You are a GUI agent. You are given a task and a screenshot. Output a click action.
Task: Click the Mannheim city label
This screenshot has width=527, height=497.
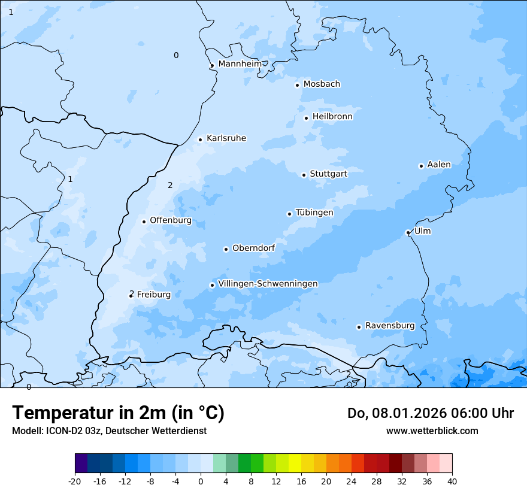pyautogui.click(x=240, y=64)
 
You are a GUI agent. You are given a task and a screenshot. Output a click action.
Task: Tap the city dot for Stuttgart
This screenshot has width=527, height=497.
pyautogui.click(x=304, y=175)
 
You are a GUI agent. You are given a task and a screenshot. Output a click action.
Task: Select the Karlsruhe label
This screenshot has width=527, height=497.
pyautogui.click(x=226, y=138)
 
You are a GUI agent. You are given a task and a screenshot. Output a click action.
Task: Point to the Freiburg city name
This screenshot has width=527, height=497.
pyautogui.click(x=153, y=295)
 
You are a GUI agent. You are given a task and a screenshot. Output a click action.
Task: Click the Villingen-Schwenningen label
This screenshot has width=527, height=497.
pyautogui.click(x=268, y=284)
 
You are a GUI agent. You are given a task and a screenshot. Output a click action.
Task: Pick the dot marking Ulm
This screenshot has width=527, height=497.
pyautogui.click(x=408, y=232)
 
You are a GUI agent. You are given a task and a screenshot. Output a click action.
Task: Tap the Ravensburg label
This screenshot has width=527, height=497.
pyautogui.click(x=389, y=326)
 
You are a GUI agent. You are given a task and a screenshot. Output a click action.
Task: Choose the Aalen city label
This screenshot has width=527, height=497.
pyautogui.click(x=438, y=165)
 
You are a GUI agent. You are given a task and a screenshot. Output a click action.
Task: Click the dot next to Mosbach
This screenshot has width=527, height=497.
pyautogui.click(x=297, y=85)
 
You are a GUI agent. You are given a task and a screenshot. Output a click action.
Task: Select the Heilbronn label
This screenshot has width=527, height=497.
pyautogui.click(x=332, y=117)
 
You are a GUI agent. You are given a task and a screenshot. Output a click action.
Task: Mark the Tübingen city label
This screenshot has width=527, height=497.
pyautogui.click(x=314, y=213)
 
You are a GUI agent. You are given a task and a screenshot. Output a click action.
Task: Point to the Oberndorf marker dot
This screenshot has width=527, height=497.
pyautogui.click(x=226, y=249)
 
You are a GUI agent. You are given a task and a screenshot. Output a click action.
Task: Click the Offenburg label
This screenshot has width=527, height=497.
pyautogui.click(x=171, y=220)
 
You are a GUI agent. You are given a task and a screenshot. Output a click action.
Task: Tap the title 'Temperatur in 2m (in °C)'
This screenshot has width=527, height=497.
pyautogui.click(x=118, y=413)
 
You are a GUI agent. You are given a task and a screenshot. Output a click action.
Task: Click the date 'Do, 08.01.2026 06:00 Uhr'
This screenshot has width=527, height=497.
pyautogui.click(x=430, y=413)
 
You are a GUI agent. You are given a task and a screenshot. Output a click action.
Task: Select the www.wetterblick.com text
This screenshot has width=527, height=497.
pyautogui.click(x=432, y=431)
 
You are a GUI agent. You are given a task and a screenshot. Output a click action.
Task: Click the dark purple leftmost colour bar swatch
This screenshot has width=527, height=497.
pyautogui.click(x=81, y=463)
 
